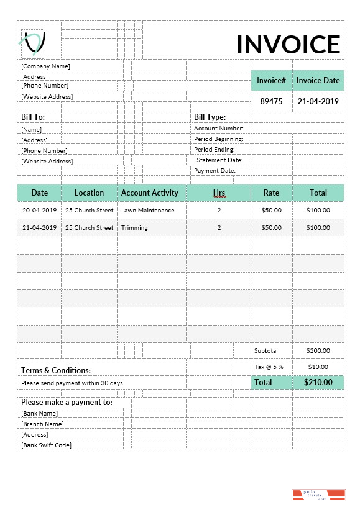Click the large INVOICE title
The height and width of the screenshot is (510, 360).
click(288, 45)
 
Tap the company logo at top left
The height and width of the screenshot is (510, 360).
click(33, 42)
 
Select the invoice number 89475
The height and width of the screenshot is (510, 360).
click(271, 101)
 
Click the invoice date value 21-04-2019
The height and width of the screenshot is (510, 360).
click(318, 101)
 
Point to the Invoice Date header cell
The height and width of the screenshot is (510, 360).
click(318, 80)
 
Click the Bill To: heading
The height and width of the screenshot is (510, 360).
click(33, 117)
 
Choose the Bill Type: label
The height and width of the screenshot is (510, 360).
click(210, 117)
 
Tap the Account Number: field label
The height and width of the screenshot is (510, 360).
click(218, 129)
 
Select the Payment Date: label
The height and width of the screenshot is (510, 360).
click(215, 170)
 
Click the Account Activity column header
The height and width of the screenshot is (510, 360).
click(150, 193)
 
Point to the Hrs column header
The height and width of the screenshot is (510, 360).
click(219, 193)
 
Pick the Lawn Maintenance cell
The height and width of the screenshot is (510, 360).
click(148, 210)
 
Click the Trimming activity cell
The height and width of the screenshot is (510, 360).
click(134, 227)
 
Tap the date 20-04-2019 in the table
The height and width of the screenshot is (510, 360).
click(40, 210)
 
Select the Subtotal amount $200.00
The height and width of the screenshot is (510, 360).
click(318, 350)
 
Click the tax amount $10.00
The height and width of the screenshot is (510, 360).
click(318, 367)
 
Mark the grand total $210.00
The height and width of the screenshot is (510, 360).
click(318, 382)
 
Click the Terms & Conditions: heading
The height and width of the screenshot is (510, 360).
click(56, 370)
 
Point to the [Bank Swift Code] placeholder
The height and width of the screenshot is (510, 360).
click(46, 445)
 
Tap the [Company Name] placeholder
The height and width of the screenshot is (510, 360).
click(45, 66)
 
